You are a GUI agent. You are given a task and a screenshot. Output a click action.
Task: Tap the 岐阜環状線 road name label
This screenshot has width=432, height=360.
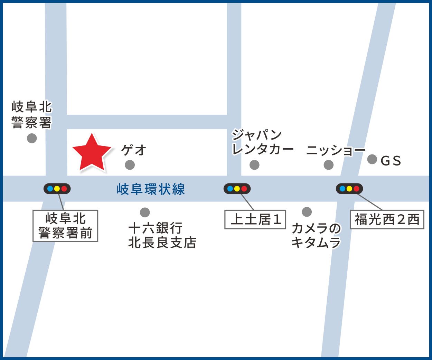tap(151, 189)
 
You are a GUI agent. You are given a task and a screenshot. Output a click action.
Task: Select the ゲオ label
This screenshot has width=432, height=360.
tap(134, 150)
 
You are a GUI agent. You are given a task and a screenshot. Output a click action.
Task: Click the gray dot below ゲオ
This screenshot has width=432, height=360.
tap(130, 165)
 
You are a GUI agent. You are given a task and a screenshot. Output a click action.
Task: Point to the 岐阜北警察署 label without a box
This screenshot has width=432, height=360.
tap(31, 115)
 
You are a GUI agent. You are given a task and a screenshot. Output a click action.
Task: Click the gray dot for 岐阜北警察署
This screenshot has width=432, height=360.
tap(32, 139)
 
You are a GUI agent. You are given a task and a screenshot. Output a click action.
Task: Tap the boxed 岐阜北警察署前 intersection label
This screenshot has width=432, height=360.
tap(65, 226)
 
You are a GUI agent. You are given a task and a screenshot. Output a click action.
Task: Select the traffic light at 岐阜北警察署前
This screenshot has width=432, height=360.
tap(57, 189)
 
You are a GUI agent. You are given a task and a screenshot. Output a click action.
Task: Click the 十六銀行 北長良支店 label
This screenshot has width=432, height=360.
tap(162, 235)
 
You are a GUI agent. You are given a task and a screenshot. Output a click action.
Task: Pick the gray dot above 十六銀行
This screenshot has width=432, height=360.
tap(145, 212)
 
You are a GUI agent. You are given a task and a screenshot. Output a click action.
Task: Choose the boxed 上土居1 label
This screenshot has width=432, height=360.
tap(255, 219)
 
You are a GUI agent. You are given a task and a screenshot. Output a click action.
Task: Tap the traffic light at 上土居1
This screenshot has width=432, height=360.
tap(237, 189)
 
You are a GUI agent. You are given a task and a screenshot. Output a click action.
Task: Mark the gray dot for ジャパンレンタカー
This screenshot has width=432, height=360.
tap(254, 165)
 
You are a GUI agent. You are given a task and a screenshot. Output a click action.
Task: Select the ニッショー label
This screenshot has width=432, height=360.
tap(336, 150)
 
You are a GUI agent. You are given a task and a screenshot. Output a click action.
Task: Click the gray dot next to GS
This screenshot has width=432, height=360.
tap(372, 159)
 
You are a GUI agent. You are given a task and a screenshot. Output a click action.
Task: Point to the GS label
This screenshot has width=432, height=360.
tap(391, 161)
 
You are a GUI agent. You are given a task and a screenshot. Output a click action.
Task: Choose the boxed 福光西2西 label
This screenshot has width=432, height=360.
tap(387, 219)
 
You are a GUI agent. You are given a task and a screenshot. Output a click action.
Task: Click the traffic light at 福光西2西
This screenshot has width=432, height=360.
tap(349, 189)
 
